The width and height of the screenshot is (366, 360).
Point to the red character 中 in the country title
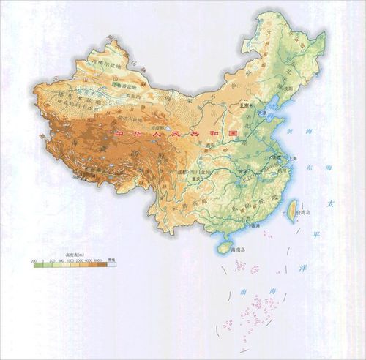coord(119,135)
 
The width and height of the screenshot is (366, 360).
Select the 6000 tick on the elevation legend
coord(97,260)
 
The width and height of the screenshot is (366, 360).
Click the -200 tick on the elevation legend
coord(34,260)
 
